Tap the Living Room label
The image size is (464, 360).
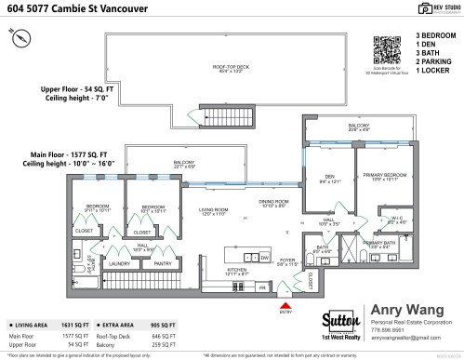[213, 213]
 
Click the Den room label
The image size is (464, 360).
[329, 178]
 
